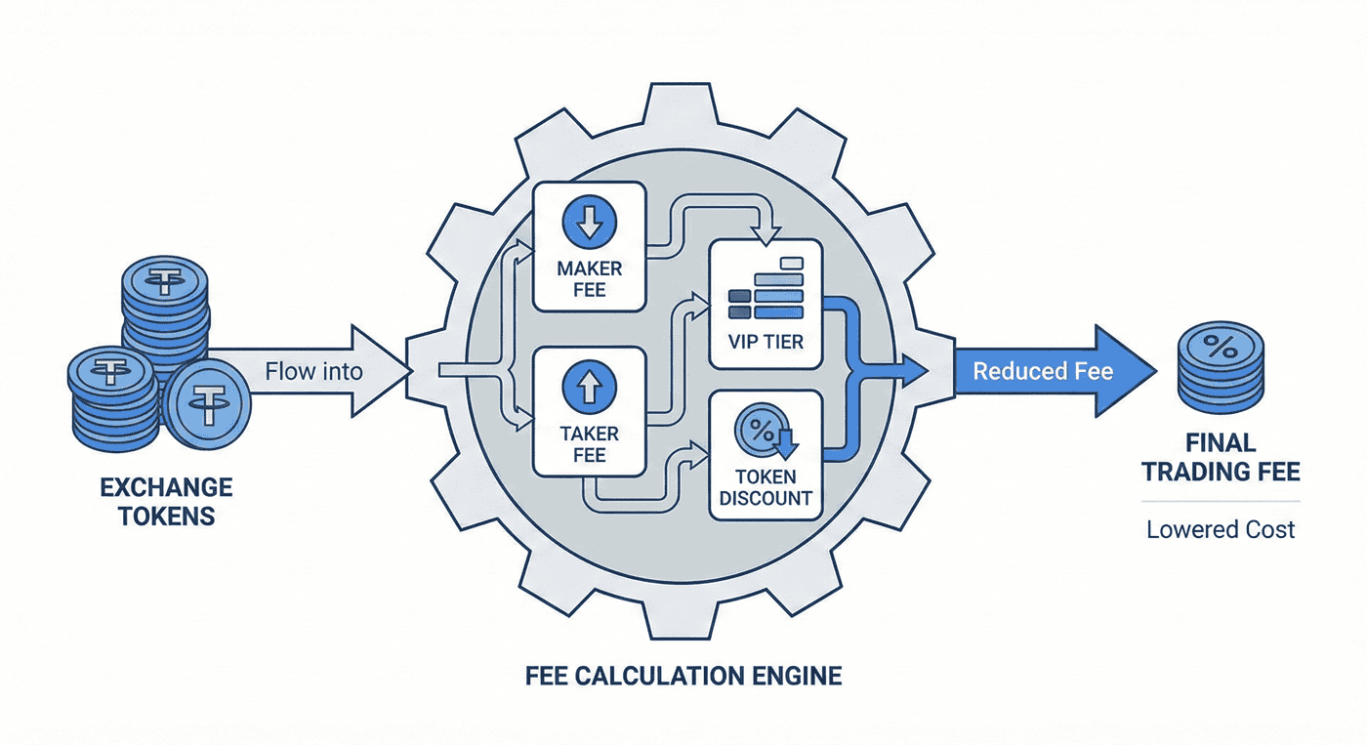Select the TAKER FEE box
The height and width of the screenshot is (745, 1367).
pos(588,414)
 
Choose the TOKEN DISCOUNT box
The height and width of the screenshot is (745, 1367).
pos(766,453)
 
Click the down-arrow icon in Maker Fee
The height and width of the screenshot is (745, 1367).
pos(590,221)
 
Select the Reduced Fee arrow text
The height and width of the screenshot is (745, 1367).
pos(1043,371)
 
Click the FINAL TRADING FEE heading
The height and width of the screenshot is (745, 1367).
pos(1221,458)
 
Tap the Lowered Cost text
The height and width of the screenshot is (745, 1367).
pos(1221,530)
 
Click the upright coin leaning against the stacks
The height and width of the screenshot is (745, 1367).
pos(207,402)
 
